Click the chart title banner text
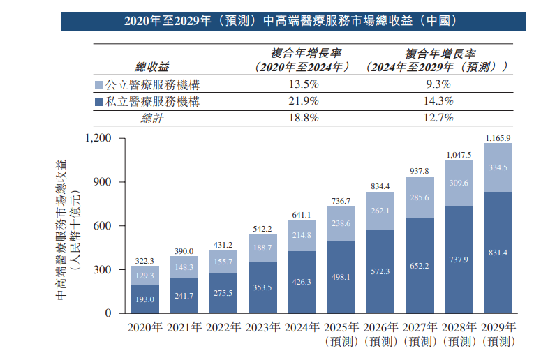[x=291, y=20]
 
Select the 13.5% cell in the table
[x=303, y=84]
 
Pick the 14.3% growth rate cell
[x=438, y=101]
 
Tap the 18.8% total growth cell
[x=303, y=118]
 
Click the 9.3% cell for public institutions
[x=438, y=84]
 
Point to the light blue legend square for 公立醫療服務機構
[x=98, y=85]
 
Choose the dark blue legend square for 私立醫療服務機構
[x=98, y=102]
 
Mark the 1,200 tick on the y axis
[x=98, y=138]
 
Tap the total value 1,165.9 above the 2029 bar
[x=498, y=137]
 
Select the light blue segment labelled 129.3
[x=144, y=276]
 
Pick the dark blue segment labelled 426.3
[x=302, y=282]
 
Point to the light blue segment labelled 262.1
[x=380, y=211]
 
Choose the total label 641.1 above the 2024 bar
[x=302, y=215]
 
